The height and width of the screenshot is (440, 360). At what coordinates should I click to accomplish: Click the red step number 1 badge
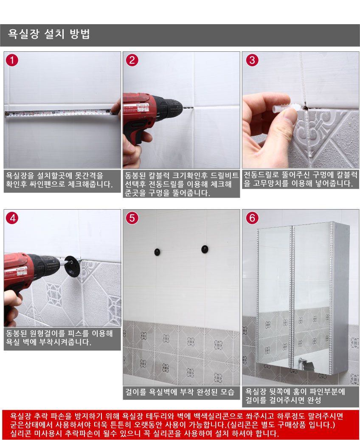(12, 60)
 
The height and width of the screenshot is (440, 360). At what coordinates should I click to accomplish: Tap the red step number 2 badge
(132, 60)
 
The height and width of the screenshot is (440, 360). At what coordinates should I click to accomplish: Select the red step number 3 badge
(252, 60)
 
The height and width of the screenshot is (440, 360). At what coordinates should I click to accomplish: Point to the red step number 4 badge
(12, 218)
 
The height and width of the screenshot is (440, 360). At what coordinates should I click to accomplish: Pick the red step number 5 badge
(132, 218)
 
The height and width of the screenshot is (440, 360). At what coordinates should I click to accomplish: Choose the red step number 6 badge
(252, 218)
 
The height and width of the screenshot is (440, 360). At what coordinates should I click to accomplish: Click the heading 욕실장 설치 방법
(49, 34)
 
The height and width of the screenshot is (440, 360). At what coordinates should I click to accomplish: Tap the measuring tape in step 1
(59, 113)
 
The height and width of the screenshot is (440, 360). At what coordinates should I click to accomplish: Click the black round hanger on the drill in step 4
(72, 266)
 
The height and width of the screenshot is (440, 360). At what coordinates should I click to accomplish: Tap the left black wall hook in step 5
(157, 252)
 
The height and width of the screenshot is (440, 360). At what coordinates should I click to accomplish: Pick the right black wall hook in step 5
(205, 249)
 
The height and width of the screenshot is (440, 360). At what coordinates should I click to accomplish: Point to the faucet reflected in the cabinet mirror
(306, 364)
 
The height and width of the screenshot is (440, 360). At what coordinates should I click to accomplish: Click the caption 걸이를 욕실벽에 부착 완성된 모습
(180, 392)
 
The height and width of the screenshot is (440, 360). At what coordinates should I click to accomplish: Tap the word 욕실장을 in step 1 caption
(20, 176)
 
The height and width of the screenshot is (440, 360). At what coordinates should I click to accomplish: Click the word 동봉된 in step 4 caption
(17, 334)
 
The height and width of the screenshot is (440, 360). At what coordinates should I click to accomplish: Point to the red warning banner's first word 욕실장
(20, 416)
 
